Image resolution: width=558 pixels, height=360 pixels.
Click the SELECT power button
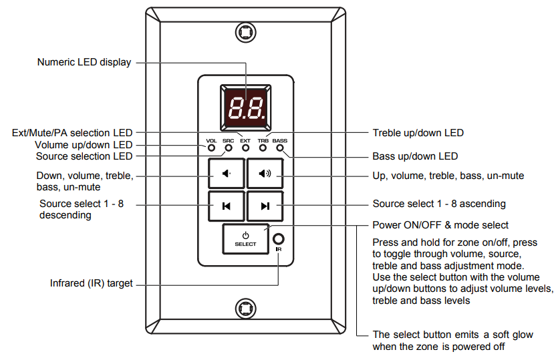(x=245, y=239)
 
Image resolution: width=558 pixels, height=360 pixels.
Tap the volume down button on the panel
(x=227, y=174)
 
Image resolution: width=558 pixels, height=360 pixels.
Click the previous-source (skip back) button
(x=227, y=206)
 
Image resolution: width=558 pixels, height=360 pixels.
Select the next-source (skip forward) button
(x=265, y=206)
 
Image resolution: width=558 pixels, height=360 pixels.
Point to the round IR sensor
(x=279, y=238)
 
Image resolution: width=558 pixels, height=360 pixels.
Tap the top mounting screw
(x=245, y=31)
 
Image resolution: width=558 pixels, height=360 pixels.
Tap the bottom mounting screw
(x=245, y=309)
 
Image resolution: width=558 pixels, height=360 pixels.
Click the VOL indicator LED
(x=211, y=148)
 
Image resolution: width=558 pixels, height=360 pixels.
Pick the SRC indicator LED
(x=228, y=148)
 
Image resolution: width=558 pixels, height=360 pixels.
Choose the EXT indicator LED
(x=245, y=148)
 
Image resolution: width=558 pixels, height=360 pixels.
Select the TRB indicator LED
(x=263, y=148)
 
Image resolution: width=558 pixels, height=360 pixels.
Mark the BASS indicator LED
(x=279, y=148)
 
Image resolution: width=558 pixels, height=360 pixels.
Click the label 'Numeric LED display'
(x=84, y=62)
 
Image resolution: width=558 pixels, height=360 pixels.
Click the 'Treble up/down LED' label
(x=418, y=133)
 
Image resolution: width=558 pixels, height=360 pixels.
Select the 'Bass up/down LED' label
(x=415, y=156)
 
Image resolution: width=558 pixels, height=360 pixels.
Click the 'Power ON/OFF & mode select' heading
(x=440, y=225)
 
